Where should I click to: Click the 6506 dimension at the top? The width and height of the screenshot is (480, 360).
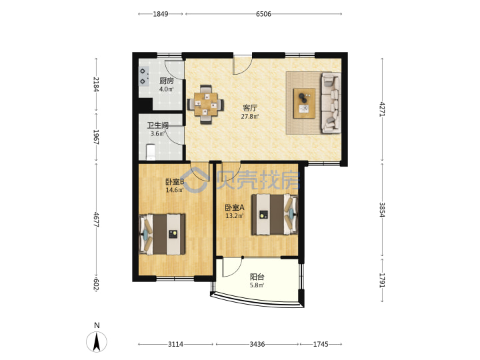pyautogui.click(x=263, y=14)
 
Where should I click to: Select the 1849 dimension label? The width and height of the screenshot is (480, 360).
pyautogui.click(x=161, y=14)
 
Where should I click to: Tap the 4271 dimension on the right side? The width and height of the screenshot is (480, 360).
pyautogui.click(x=382, y=109)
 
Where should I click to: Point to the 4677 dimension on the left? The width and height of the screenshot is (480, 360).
pyautogui.click(x=96, y=219)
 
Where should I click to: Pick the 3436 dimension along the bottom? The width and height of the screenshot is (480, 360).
pyautogui.click(x=257, y=344)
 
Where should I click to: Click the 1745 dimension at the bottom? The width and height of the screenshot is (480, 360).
pyautogui.click(x=321, y=344)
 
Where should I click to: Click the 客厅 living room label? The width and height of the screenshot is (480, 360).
pyautogui.click(x=250, y=108)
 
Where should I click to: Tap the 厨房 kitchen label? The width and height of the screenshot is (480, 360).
pyautogui.click(x=166, y=81)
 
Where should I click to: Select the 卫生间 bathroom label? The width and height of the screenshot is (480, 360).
pyautogui.click(x=157, y=125)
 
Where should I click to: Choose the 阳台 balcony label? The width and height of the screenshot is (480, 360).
pyautogui.click(x=257, y=277)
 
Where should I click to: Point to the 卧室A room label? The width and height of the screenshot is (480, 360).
pyautogui.click(x=235, y=207)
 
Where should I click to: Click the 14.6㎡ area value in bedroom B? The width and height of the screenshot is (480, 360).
pyautogui.click(x=175, y=190)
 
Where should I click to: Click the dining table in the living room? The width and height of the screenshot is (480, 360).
pyautogui.click(x=205, y=105)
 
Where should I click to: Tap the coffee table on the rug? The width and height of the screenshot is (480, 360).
pyautogui.click(x=304, y=103)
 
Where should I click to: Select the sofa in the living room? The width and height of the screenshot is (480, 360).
pyautogui.click(x=331, y=103)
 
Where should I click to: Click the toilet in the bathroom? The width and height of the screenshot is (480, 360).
pyautogui.click(x=151, y=152)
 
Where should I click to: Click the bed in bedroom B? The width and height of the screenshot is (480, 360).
pyautogui.click(x=162, y=234)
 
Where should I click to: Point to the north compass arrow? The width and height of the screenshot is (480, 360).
pyautogui.click(x=97, y=342)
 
